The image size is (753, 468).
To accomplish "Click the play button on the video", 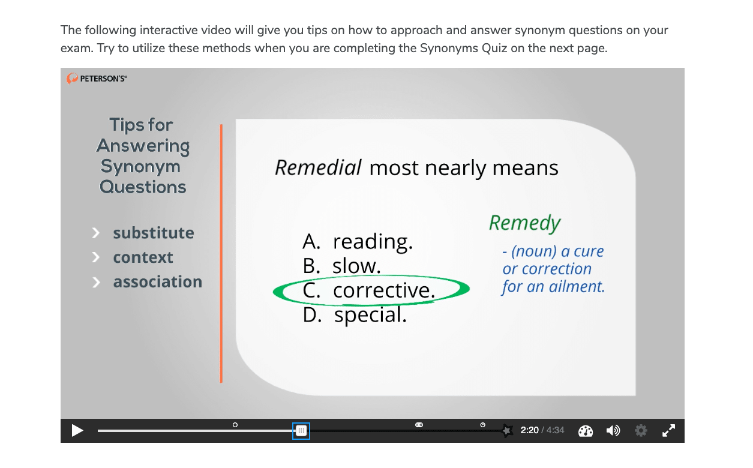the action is [x=77, y=431].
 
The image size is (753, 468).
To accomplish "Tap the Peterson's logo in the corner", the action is [x=97, y=79].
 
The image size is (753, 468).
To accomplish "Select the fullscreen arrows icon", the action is [x=668, y=430].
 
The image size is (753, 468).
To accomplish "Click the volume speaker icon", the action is [x=613, y=430].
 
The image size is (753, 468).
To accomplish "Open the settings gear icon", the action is [x=641, y=431].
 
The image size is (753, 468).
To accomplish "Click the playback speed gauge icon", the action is [x=585, y=431].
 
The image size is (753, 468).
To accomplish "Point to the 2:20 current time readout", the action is [x=529, y=430].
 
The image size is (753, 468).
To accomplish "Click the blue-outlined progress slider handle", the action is [x=301, y=431].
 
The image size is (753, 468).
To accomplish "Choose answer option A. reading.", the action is [x=358, y=241].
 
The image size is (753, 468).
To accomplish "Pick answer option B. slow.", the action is [x=341, y=266].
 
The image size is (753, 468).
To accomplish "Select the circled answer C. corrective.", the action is [x=369, y=290].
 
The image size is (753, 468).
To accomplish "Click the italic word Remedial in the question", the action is [x=318, y=167].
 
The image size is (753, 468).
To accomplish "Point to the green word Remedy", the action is [x=525, y=223].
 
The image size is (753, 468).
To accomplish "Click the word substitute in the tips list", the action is [x=154, y=233].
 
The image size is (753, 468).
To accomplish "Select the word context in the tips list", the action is [x=143, y=257].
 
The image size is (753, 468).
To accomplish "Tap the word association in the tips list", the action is [x=158, y=282].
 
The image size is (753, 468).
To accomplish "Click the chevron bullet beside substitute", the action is [x=96, y=233].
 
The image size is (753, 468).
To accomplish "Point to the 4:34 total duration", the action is [x=556, y=430].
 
